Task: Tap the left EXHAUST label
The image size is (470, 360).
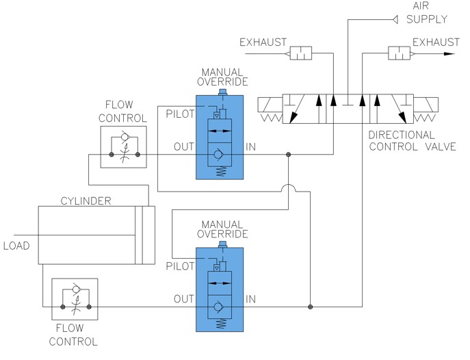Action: (x=263, y=43)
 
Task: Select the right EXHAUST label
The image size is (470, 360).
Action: (x=436, y=42)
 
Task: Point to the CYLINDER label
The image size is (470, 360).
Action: (x=85, y=201)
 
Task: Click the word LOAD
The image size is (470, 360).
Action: (x=16, y=245)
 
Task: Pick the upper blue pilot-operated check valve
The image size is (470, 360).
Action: (x=220, y=137)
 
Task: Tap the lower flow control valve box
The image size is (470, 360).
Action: (x=75, y=298)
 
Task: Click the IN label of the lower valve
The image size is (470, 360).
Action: (x=251, y=298)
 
